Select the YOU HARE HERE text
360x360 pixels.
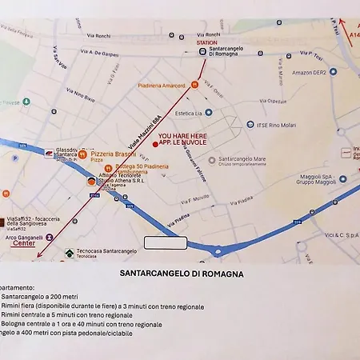(x=182, y=137)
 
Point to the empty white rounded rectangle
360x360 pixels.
(x=165, y=242)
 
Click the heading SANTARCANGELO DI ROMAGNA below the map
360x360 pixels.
(x=181, y=273)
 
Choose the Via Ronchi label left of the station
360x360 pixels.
(x=98, y=36)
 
